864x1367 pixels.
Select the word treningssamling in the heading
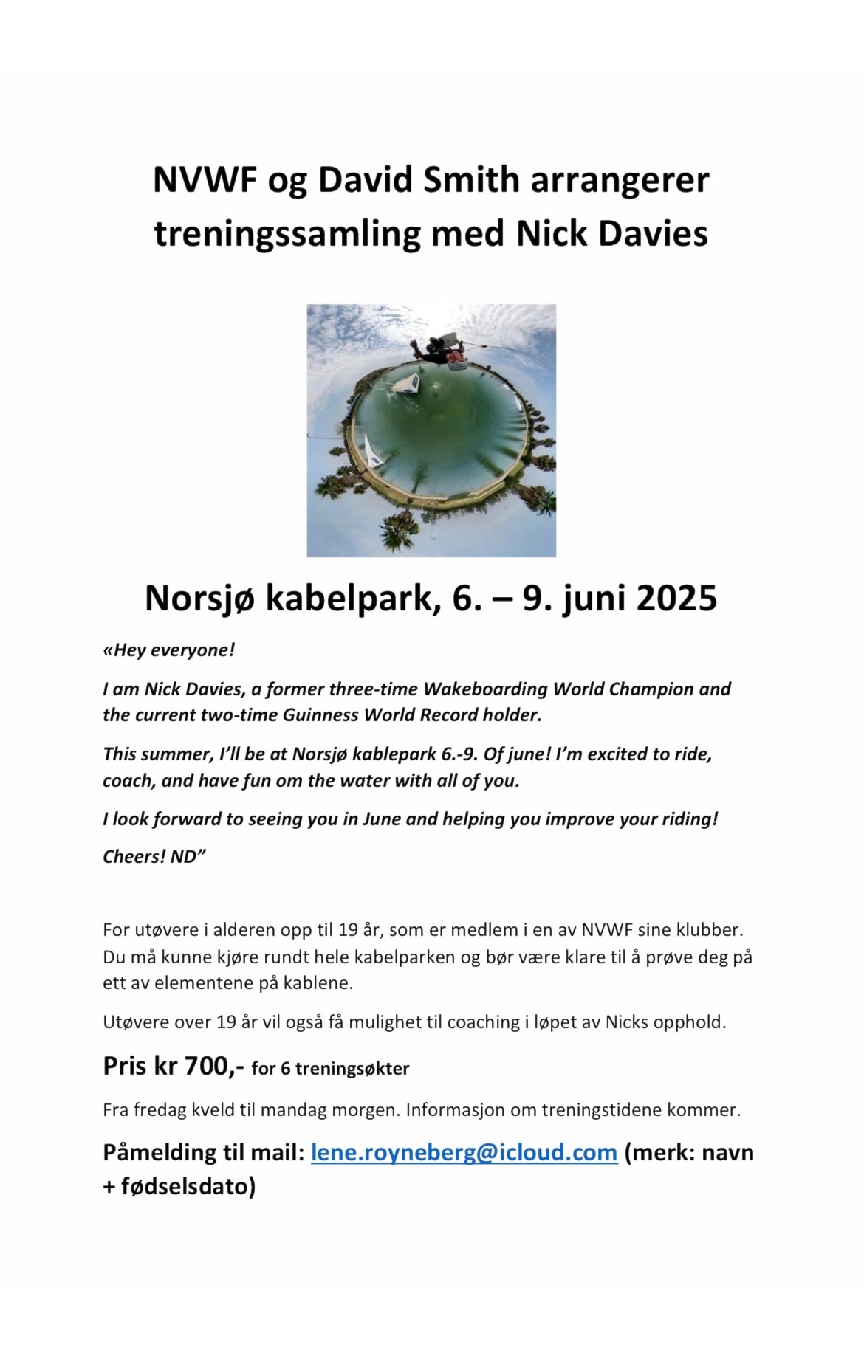tap(287, 233)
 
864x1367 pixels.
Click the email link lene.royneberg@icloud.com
tap(464, 1152)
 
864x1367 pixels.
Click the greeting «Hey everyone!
tap(169, 650)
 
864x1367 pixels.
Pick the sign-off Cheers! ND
tap(154, 856)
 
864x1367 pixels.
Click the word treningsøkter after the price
tap(352, 1068)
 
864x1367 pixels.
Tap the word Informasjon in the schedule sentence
tap(456, 1109)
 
